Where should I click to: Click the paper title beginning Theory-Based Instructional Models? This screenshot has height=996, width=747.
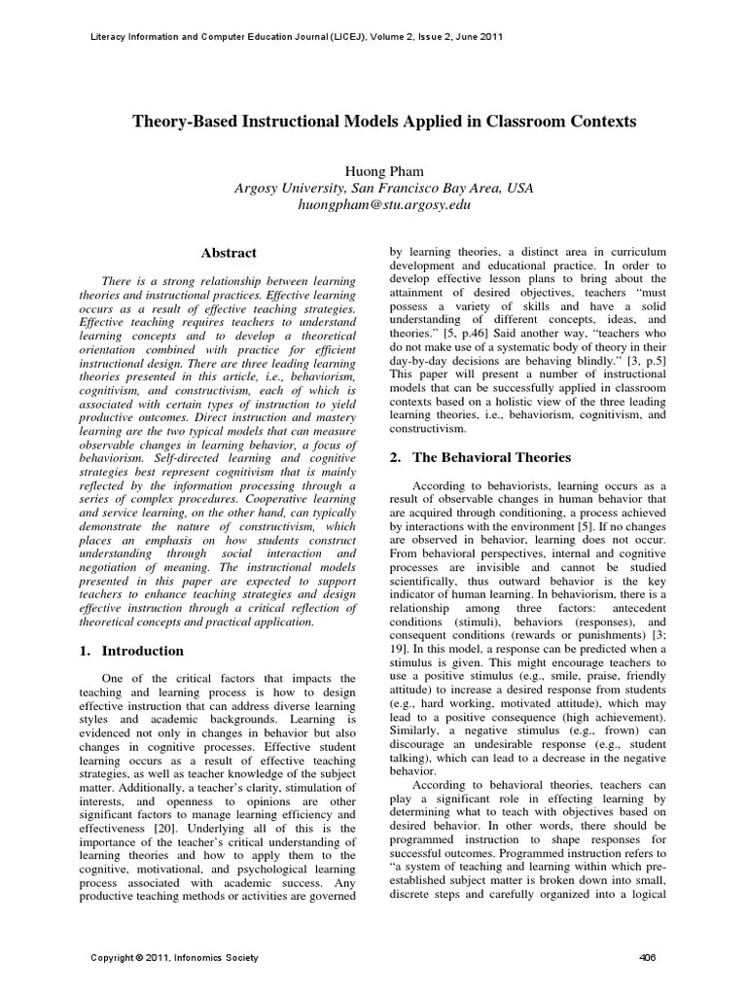[383, 122]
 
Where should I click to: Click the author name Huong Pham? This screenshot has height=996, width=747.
[383, 171]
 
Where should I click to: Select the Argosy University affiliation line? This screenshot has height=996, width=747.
[383, 189]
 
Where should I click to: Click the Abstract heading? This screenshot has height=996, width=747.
[229, 253]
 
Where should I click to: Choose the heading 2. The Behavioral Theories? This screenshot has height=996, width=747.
[480, 457]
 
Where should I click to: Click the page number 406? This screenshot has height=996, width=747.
[648, 958]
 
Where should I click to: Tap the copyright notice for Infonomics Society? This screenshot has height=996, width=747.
[175, 958]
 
